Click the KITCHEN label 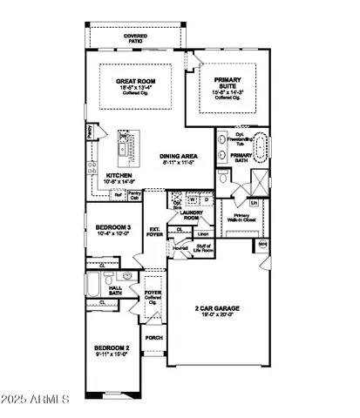coord(119,175)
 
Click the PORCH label coord(154,338)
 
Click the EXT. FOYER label coord(157,232)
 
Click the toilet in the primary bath coord(224,178)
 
